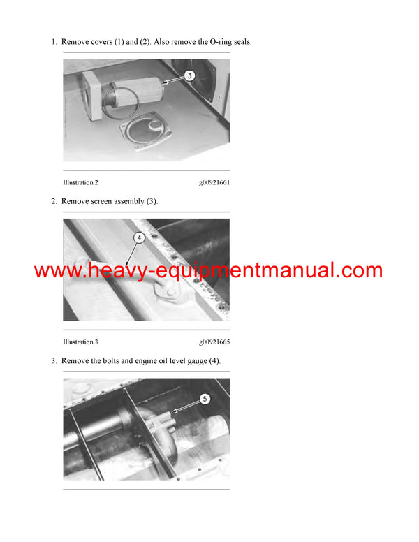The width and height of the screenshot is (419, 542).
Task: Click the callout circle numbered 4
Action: click(139, 237)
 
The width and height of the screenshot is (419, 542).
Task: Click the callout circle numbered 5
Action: click(205, 399)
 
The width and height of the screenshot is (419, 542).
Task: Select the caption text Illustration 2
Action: click(80, 182)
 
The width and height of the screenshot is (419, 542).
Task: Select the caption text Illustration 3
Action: click(80, 342)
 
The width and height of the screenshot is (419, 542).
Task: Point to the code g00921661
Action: click(214, 182)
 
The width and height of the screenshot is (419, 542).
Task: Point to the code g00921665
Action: click(214, 342)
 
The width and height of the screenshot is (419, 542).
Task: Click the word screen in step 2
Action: click(101, 202)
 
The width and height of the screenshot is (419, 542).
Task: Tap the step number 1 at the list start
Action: click(54, 42)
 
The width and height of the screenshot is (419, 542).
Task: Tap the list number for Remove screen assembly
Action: click(54, 202)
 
